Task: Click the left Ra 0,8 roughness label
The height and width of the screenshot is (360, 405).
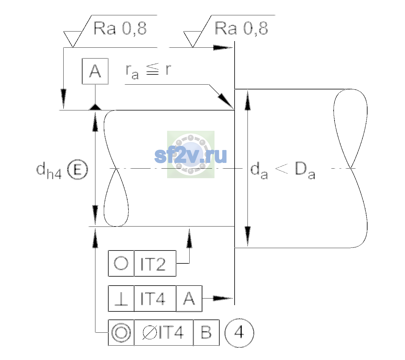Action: point(120,28)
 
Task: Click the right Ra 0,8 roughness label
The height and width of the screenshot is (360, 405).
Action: point(241,28)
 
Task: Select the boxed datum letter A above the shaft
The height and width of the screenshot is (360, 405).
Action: point(95,71)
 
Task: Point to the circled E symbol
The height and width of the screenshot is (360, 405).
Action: point(78,169)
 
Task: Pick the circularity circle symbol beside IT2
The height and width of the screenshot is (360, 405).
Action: point(121,263)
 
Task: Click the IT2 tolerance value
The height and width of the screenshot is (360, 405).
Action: point(153,264)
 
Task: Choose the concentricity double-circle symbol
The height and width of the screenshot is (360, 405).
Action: point(121,333)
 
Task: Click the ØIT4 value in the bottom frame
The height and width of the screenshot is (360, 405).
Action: point(163,333)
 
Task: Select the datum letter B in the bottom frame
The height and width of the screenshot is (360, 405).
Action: point(206,332)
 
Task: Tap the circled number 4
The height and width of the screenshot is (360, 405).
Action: point(239,333)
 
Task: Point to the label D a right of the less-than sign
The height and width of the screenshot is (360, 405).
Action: point(305,170)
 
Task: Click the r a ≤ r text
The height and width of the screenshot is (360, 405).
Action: point(148,71)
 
